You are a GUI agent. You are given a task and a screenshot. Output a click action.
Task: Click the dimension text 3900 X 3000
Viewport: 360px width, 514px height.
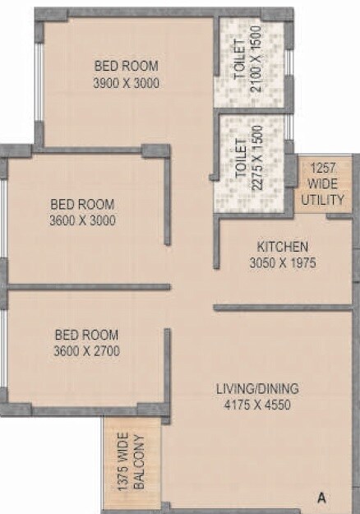[x=126, y=83]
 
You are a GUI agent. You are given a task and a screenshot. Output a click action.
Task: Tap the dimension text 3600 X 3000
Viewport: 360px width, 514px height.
[x=82, y=220]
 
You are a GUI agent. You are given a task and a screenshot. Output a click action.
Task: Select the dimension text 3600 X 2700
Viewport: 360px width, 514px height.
[x=86, y=350]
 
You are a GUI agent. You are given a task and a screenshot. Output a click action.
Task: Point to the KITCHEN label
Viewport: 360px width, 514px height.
[x=282, y=247]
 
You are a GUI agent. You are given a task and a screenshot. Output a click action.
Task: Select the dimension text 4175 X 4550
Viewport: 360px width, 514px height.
[x=257, y=405]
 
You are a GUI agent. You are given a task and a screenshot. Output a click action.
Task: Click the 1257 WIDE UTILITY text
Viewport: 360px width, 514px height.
[x=316, y=183]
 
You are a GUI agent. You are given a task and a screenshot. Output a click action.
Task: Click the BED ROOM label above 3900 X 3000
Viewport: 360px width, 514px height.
[x=126, y=66]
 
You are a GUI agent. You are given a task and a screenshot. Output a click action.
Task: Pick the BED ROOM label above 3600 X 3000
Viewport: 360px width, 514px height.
[x=82, y=204]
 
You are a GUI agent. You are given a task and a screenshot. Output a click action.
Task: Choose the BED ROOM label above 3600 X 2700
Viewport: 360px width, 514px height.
[x=86, y=335]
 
